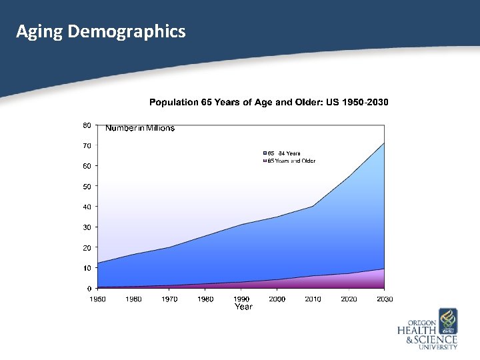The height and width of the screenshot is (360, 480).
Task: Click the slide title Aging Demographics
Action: point(101,31)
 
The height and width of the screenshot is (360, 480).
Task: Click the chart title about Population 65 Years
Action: point(269,102)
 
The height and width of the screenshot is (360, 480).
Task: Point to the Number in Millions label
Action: point(140,128)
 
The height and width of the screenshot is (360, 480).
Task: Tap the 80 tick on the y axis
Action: point(87,125)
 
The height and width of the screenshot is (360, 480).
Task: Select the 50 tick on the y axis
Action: point(87,187)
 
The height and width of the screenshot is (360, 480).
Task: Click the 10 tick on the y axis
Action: point(87,268)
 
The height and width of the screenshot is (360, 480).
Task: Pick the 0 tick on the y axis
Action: point(89,289)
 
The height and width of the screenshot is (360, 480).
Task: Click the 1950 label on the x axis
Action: point(97,299)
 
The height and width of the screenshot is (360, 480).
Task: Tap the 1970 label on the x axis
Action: point(169,299)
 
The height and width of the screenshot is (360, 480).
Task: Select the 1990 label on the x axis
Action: point(241,299)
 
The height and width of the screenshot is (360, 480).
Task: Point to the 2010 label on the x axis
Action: point(313,299)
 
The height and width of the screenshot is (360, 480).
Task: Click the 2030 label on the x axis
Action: point(385,299)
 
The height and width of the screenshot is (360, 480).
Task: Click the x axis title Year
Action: point(243,307)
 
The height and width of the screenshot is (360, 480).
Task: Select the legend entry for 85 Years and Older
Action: point(291,161)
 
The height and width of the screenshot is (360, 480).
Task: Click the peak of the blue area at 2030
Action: point(384,143)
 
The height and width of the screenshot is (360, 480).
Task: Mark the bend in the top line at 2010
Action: point(313,206)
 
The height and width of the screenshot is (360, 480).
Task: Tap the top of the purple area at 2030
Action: point(384,269)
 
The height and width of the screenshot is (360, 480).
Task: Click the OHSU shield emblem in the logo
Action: point(447,321)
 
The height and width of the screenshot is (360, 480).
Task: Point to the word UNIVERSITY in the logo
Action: point(437,347)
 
